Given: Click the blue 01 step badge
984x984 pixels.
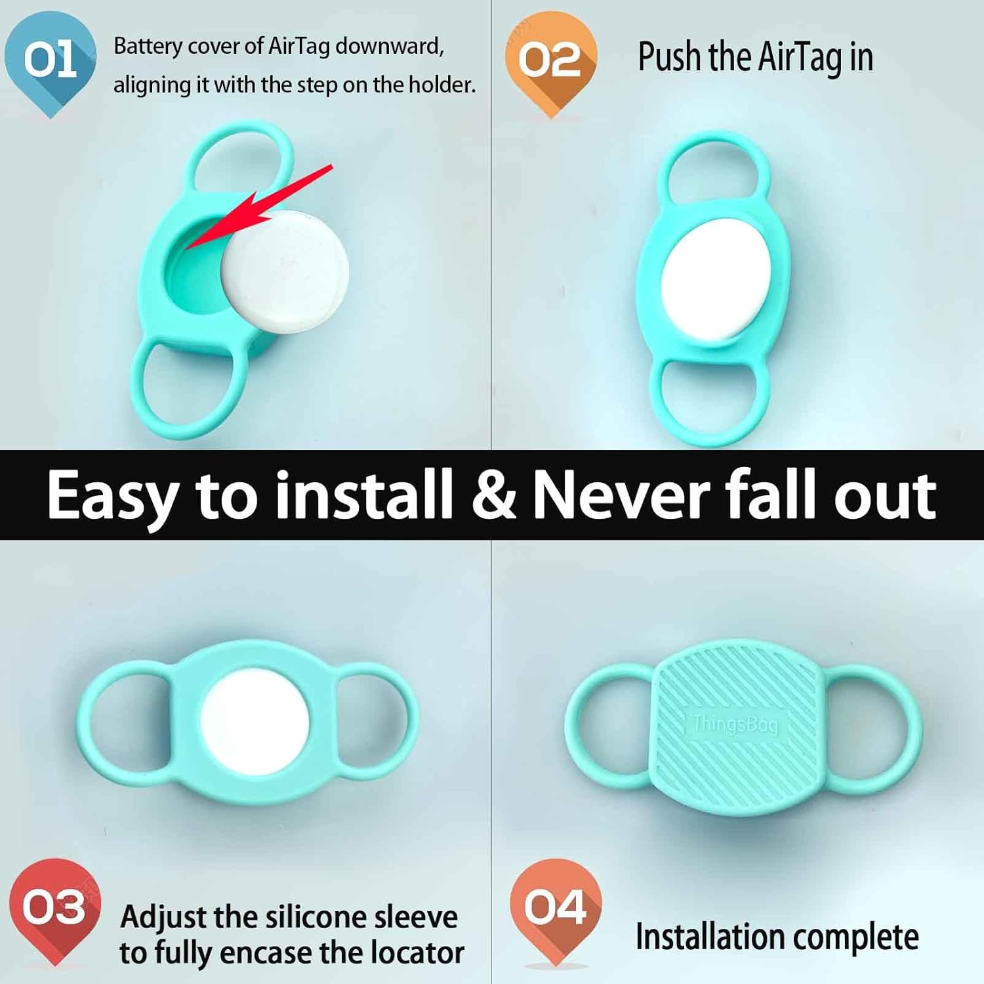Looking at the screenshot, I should click(x=51, y=60).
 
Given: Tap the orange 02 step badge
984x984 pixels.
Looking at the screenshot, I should click(x=550, y=60).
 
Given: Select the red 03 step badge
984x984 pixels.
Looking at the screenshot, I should click(x=54, y=907).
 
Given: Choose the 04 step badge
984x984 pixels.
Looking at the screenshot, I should click(x=555, y=907).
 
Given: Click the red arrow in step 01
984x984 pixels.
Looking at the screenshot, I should click(x=262, y=207).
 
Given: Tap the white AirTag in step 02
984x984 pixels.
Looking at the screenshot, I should click(x=716, y=279).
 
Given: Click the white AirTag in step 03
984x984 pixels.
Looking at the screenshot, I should click(x=255, y=722).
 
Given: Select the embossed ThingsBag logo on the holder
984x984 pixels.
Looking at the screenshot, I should click(x=735, y=724).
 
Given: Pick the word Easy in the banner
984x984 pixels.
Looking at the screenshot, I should click(x=112, y=497).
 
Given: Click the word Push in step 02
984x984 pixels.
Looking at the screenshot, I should click(x=670, y=57).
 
